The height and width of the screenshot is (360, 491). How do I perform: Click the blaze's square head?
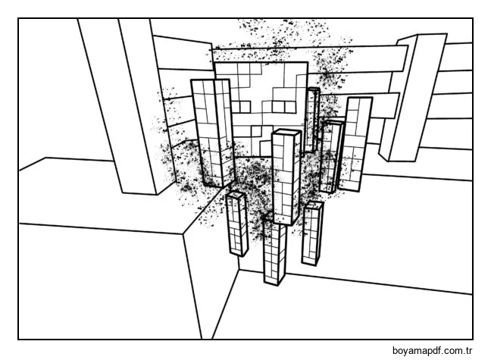point(261,99)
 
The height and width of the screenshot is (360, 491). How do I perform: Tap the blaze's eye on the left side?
point(241,106)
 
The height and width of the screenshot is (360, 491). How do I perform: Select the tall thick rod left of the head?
point(212,133)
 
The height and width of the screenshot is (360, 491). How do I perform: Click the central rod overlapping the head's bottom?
point(286,178)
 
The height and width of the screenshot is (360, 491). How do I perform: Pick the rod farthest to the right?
point(356,144)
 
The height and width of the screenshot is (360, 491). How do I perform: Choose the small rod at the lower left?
point(236,224)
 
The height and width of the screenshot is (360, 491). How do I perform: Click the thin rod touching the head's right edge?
point(311,121)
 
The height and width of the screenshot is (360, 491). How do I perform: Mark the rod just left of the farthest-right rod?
point(331,155)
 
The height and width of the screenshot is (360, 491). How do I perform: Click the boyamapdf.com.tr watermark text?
point(432,350)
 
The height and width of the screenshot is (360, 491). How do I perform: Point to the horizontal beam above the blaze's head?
point(303,55)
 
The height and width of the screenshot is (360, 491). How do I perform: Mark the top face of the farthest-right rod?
point(360,100)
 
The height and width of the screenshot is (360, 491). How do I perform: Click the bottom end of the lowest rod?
point(274,281)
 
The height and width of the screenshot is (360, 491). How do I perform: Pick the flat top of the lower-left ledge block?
point(99,193)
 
